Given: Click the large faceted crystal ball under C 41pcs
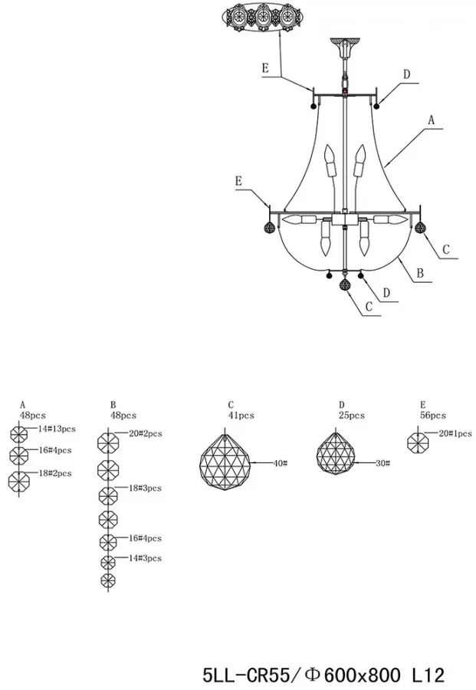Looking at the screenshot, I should pos(227,463).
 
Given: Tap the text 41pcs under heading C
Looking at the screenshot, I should pos(240,416).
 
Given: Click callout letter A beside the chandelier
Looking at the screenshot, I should pos(431,120).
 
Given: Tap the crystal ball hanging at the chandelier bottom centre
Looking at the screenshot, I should pos(346,285).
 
